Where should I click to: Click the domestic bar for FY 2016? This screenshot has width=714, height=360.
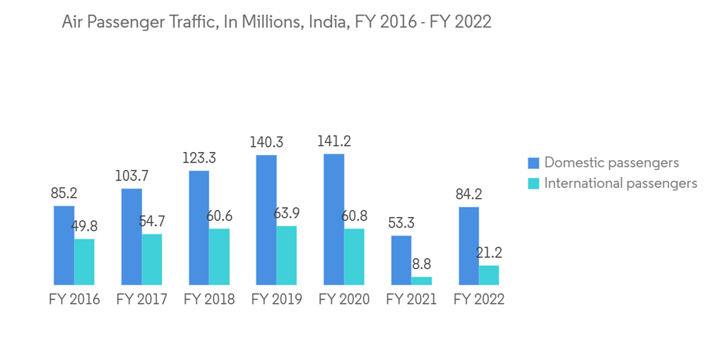(x=64, y=245)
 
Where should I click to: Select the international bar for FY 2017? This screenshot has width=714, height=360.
(x=152, y=259)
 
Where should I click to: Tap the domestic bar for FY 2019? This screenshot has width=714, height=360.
(x=266, y=220)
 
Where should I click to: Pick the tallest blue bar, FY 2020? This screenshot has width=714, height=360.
(x=333, y=219)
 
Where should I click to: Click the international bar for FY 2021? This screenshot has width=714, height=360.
(x=422, y=281)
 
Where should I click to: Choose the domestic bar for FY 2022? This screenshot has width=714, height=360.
(x=469, y=246)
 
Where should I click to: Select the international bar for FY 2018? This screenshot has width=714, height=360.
(x=219, y=256)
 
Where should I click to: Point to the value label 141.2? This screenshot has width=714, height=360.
(x=334, y=141)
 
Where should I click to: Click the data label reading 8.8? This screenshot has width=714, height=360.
(x=421, y=264)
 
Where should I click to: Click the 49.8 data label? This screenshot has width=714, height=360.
(x=84, y=226)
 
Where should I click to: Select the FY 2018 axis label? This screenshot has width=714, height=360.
(x=209, y=299)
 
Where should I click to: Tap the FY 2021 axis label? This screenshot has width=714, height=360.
(x=411, y=299)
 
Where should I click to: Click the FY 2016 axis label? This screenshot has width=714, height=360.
(x=74, y=299)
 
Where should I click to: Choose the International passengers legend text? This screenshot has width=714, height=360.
(x=620, y=184)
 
